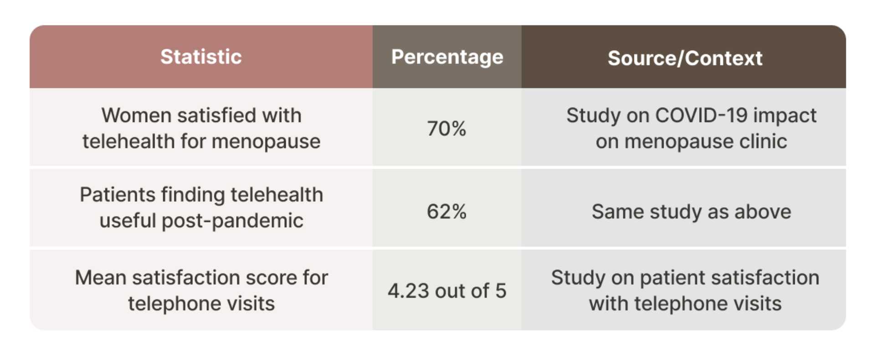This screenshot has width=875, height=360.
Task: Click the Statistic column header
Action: pos(201,57)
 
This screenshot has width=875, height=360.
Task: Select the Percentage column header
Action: pos(447,57)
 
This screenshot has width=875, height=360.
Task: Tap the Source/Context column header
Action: pos(685,58)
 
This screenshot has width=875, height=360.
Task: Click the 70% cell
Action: pos(447,129)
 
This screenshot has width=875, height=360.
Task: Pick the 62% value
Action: pos(447,212)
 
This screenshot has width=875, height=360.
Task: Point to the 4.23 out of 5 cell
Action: pos(447,291)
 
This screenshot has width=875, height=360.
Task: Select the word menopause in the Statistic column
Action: pos(266,142)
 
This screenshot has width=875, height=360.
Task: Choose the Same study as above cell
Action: pos(691,212)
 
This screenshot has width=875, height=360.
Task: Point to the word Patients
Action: pos(117,195)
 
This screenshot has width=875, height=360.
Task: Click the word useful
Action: pos(128,221)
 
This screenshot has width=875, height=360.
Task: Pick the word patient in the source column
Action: pos(672,278)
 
